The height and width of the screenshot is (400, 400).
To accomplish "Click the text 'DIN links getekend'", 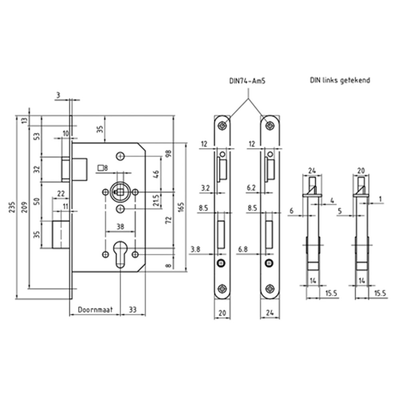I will (x=340, y=80).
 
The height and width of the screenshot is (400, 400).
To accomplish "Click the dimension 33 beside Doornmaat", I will (x=132, y=309).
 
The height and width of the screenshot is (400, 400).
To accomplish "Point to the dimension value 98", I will (x=168, y=154).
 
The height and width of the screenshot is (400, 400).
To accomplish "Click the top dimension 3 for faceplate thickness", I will (x=58, y=95).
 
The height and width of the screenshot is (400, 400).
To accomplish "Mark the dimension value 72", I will (x=168, y=220).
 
